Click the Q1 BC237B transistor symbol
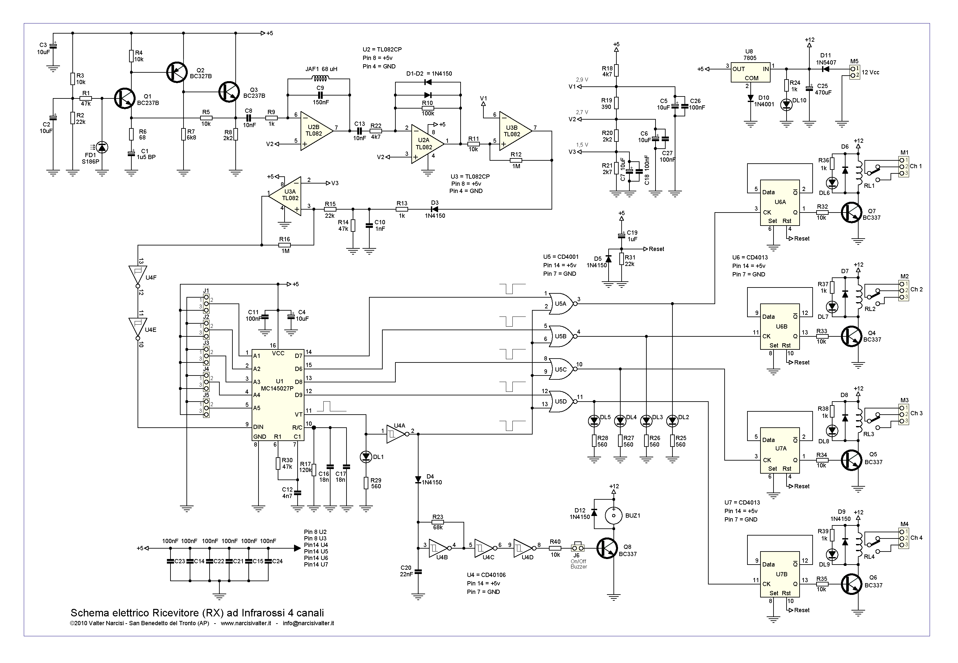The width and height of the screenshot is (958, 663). [124, 98]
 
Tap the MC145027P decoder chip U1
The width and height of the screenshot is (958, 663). [278, 395]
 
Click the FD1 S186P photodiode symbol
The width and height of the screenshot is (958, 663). [102, 147]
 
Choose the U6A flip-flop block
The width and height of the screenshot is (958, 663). [780, 203]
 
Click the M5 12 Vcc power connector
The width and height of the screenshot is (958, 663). [854, 72]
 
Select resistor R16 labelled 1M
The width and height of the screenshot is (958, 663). [285, 245]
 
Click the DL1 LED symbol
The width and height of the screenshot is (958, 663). [366, 457]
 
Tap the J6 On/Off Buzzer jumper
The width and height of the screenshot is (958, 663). [578, 548]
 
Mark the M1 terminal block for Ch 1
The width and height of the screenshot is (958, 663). [904, 166]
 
